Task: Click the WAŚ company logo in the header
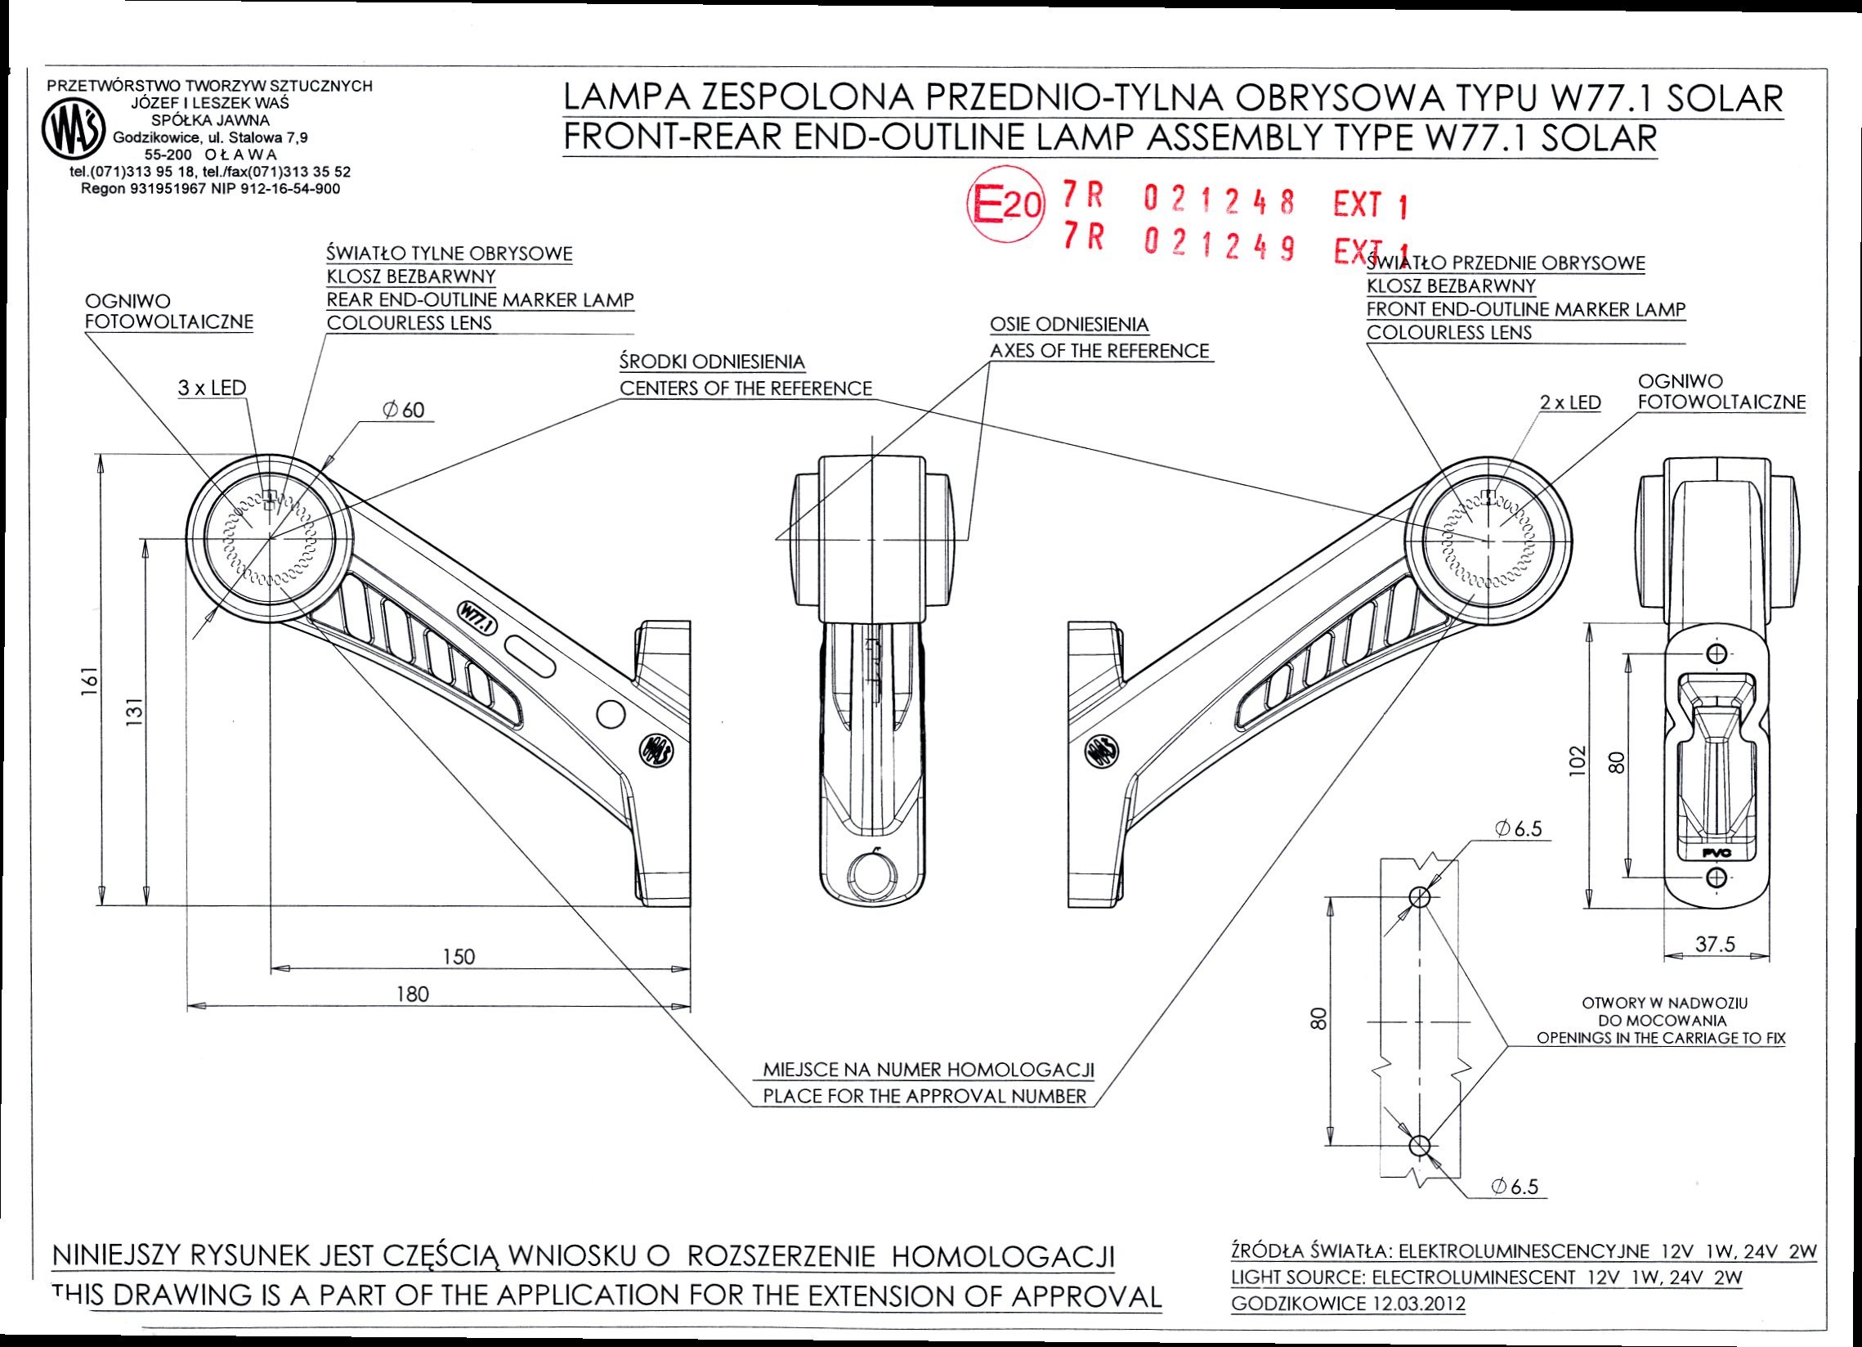pyautogui.click(x=73, y=134)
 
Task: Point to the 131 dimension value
pyautogui.click(x=137, y=712)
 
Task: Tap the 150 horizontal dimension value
pyautogui.click(x=459, y=956)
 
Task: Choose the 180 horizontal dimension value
pyautogui.click(x=412, y=995)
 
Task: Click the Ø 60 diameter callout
pyautogui.click(x=403, y=410)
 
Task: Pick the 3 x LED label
pyautogui.click(x=212, y=388)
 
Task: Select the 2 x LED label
pyautogui.click(x=1569, y=402)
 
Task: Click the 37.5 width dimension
pyautogui.click(x=1715, y=945)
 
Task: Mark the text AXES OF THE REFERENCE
pyautogui.click(x=1099, y=351)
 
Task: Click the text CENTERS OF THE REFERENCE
pyautogui.click(x=745, y=388)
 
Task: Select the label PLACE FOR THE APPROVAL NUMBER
pyautogui.click(x=924, y=1096)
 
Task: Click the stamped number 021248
pyautogui.click(x=1220, y=200)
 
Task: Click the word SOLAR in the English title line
pyautogui.click(x=1599, y=138)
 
